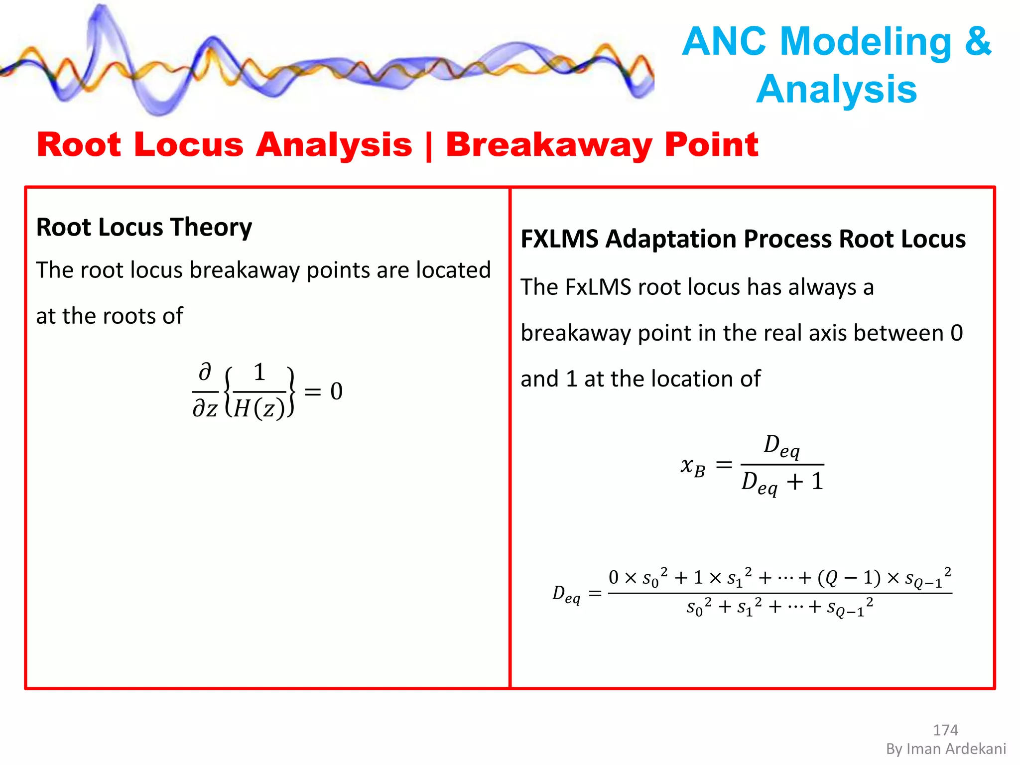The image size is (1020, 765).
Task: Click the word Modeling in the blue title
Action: point(866,42)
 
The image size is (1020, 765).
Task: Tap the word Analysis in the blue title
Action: point(836,90)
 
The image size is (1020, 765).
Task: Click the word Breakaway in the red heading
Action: point(548,145)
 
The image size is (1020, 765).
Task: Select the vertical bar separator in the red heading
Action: point(429,146)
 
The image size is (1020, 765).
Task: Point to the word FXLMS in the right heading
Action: point(559,239)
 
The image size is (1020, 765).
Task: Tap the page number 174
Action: point(945,730)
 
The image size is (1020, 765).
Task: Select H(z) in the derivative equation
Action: point(259,409)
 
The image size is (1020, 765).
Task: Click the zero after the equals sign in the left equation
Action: point(337,391)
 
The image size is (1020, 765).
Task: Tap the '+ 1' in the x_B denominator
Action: point(805,482)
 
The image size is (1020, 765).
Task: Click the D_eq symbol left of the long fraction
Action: point(566,594)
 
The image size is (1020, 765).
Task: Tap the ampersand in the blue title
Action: point(978,42)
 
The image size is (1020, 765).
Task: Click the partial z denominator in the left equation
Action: point(205,409)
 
